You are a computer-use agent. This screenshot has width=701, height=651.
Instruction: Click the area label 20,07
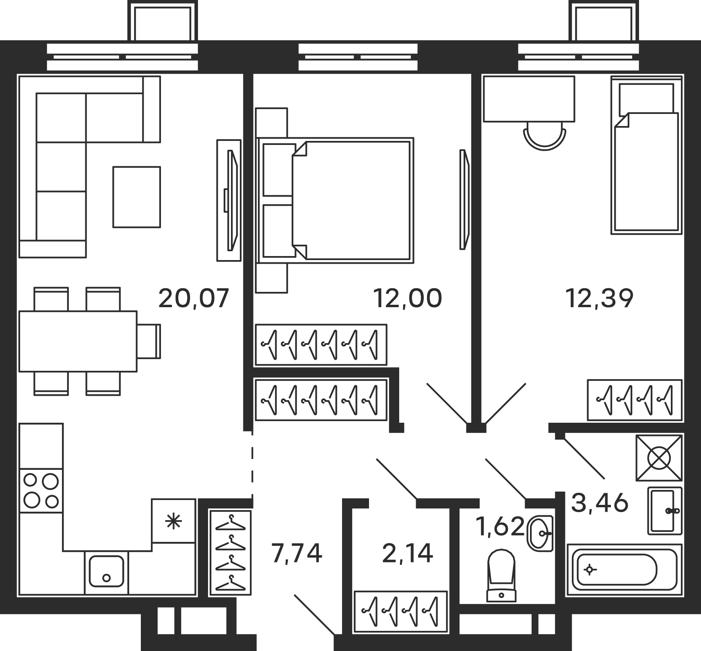[194, 298]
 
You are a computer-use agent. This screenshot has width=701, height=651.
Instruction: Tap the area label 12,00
[408, 298]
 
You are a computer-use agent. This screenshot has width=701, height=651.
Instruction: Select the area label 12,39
[599, 298]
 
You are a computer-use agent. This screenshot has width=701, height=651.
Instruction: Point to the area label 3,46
[599, 503]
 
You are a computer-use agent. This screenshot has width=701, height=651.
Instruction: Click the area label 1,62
[500, 527]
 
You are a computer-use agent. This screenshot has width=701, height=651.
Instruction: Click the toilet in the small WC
[501, 576]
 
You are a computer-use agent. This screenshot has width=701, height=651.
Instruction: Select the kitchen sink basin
[107, 571]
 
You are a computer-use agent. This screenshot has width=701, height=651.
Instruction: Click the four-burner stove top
[41, 490]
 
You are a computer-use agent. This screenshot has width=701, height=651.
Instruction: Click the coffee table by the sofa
[137, 197]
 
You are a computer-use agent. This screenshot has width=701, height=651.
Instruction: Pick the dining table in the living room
[78, 341]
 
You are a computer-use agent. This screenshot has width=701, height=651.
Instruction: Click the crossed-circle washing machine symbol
[659, 458]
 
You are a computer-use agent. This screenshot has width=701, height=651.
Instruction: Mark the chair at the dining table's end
[149, 341]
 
